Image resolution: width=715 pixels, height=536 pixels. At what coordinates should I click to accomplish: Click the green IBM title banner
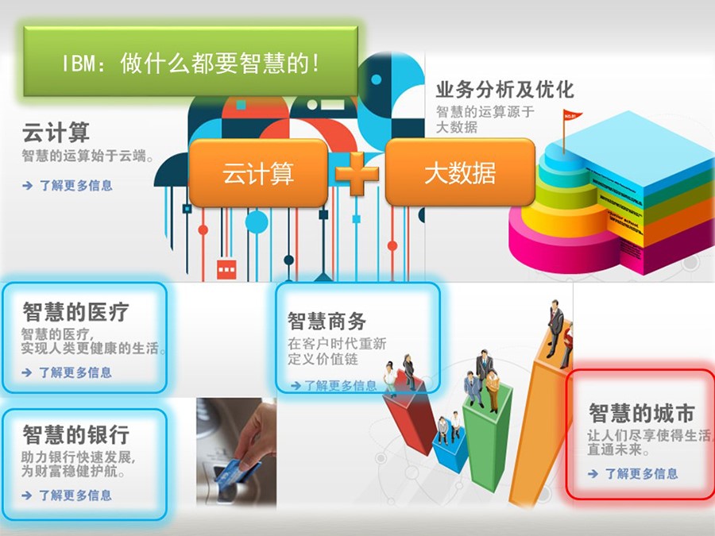click(x=191, y=61)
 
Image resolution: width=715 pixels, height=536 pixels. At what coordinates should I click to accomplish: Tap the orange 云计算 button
click(x=258, y=173)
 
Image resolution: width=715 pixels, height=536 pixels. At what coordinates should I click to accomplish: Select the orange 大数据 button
click(x=460, y=173)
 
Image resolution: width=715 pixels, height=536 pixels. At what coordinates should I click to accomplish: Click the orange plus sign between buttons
click(x=357, y=173)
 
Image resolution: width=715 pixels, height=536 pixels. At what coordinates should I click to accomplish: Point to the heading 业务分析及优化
click(x=504, y=90)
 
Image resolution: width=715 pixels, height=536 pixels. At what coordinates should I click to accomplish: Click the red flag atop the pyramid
click(x=572, y=116)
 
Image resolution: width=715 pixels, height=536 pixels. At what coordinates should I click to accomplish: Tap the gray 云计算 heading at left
click(x=56, y=133)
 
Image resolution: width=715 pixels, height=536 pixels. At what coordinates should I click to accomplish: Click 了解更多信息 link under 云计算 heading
click(x=75, y=186)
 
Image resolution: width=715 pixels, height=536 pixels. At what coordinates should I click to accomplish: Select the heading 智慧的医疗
click(x=75, y=312)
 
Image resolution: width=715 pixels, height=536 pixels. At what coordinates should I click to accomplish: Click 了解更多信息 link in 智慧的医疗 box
click(x=75, y=372)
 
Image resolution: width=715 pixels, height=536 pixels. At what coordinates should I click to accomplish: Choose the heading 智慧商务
click(x=327, y=322)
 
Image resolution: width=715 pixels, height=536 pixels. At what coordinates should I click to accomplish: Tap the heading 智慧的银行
click(x=76, y=435)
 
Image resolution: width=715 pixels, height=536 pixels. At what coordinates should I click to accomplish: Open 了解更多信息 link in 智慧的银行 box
click(x=75, y=496)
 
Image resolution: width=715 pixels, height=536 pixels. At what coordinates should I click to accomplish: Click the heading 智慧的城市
click(x=642, y=414)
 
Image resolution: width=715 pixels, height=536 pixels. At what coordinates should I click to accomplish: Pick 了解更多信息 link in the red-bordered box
click(x=641, y=474)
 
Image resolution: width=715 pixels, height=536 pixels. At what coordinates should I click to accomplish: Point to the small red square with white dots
click(x=226, y=269)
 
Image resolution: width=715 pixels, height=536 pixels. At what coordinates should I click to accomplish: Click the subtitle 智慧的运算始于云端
click(x=87, y=156)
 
